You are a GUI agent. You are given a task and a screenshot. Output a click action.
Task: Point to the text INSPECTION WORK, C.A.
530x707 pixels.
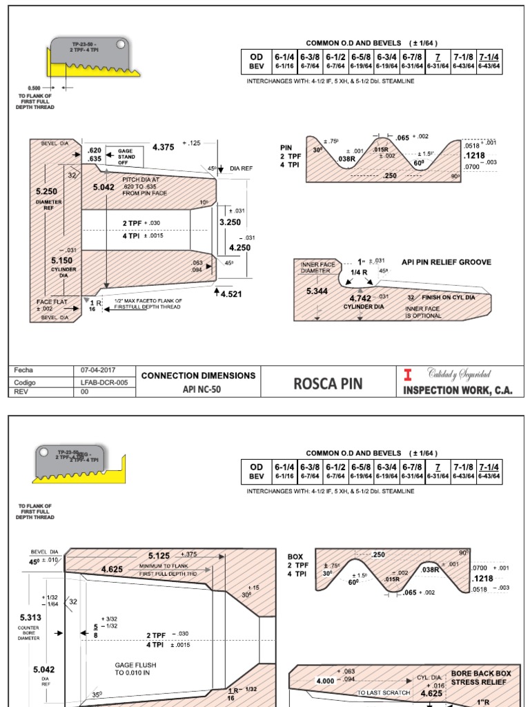pyautogui.click(x=458, y=389)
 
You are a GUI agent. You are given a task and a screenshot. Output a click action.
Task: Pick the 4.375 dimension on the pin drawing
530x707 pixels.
pyautogui.click(x=164, y=146)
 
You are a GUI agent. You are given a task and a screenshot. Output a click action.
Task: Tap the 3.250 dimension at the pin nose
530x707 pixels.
pyautogui.click(x=229, y=223)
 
